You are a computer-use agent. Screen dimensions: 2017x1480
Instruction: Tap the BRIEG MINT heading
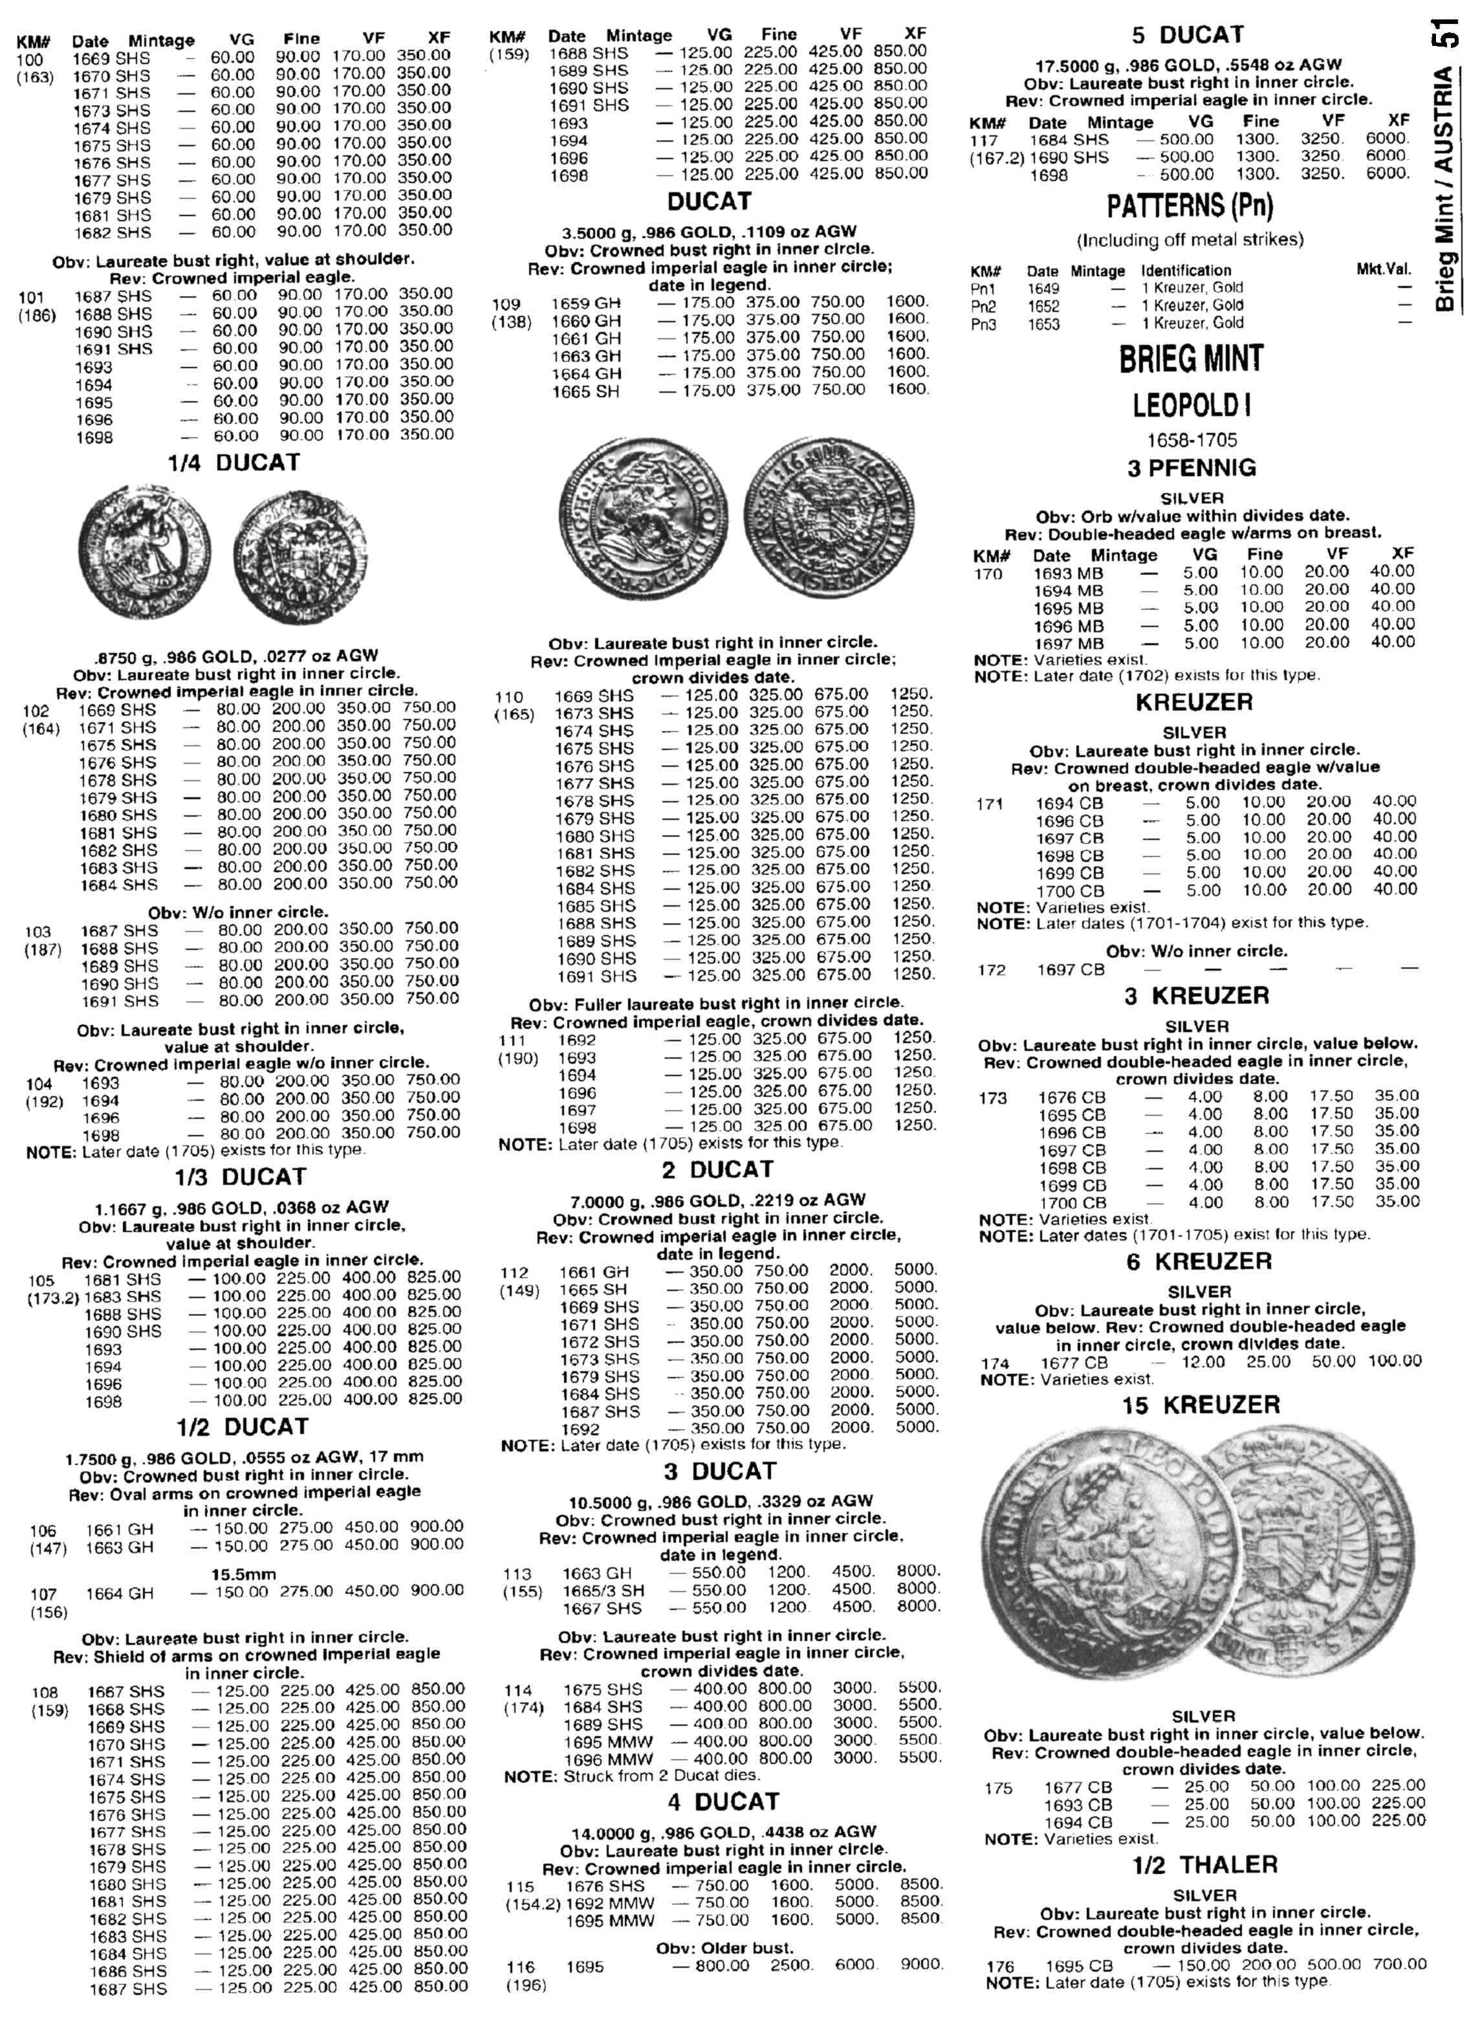[x=1191, y=358]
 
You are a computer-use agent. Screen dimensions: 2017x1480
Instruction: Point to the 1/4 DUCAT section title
[x=234, y=463]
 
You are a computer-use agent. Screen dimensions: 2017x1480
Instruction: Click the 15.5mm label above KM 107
[x=244, y=1574]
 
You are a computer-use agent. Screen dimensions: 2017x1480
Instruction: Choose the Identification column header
[x=1185, y=270]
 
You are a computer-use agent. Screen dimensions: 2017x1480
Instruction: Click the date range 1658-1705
[x=1192, y=440]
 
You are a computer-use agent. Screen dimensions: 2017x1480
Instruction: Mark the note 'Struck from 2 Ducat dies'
[x=633, y=1774]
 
